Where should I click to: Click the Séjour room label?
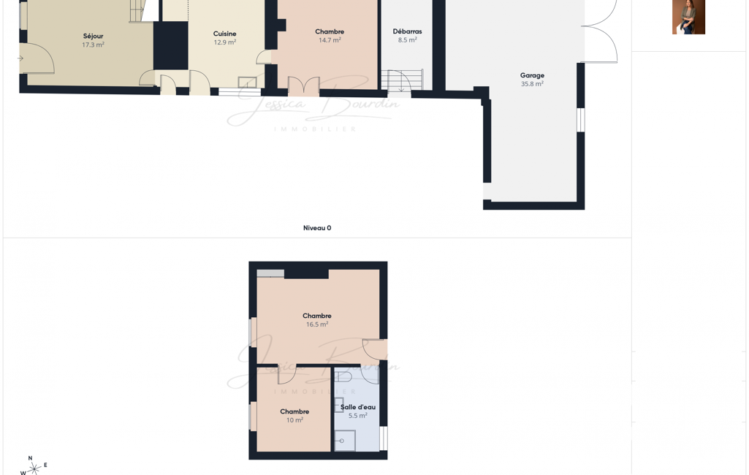coord(93,36)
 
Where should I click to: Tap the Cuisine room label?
coord(224,34)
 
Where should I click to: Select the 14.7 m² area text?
coord(330,40)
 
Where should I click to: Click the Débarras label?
coord(408,31)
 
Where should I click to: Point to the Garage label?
coord(532,75)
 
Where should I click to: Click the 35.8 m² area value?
coord(532,83)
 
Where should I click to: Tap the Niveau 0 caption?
coord(317,228)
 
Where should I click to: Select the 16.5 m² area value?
coord(317,324)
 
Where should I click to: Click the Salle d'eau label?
coord(358,407)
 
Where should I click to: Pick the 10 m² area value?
coord(294,420)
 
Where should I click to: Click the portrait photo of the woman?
coord(689,17)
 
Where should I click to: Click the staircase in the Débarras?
coord(402,80)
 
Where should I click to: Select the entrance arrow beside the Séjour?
coord(20,58)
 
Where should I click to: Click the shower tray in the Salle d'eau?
coord(345,441)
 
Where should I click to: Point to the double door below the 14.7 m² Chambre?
coord(304,86)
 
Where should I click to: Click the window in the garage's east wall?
coord(581,120)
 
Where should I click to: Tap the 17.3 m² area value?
coord(93,45)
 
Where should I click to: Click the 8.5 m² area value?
coord(408,40)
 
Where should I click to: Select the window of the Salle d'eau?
coord(384,438)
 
